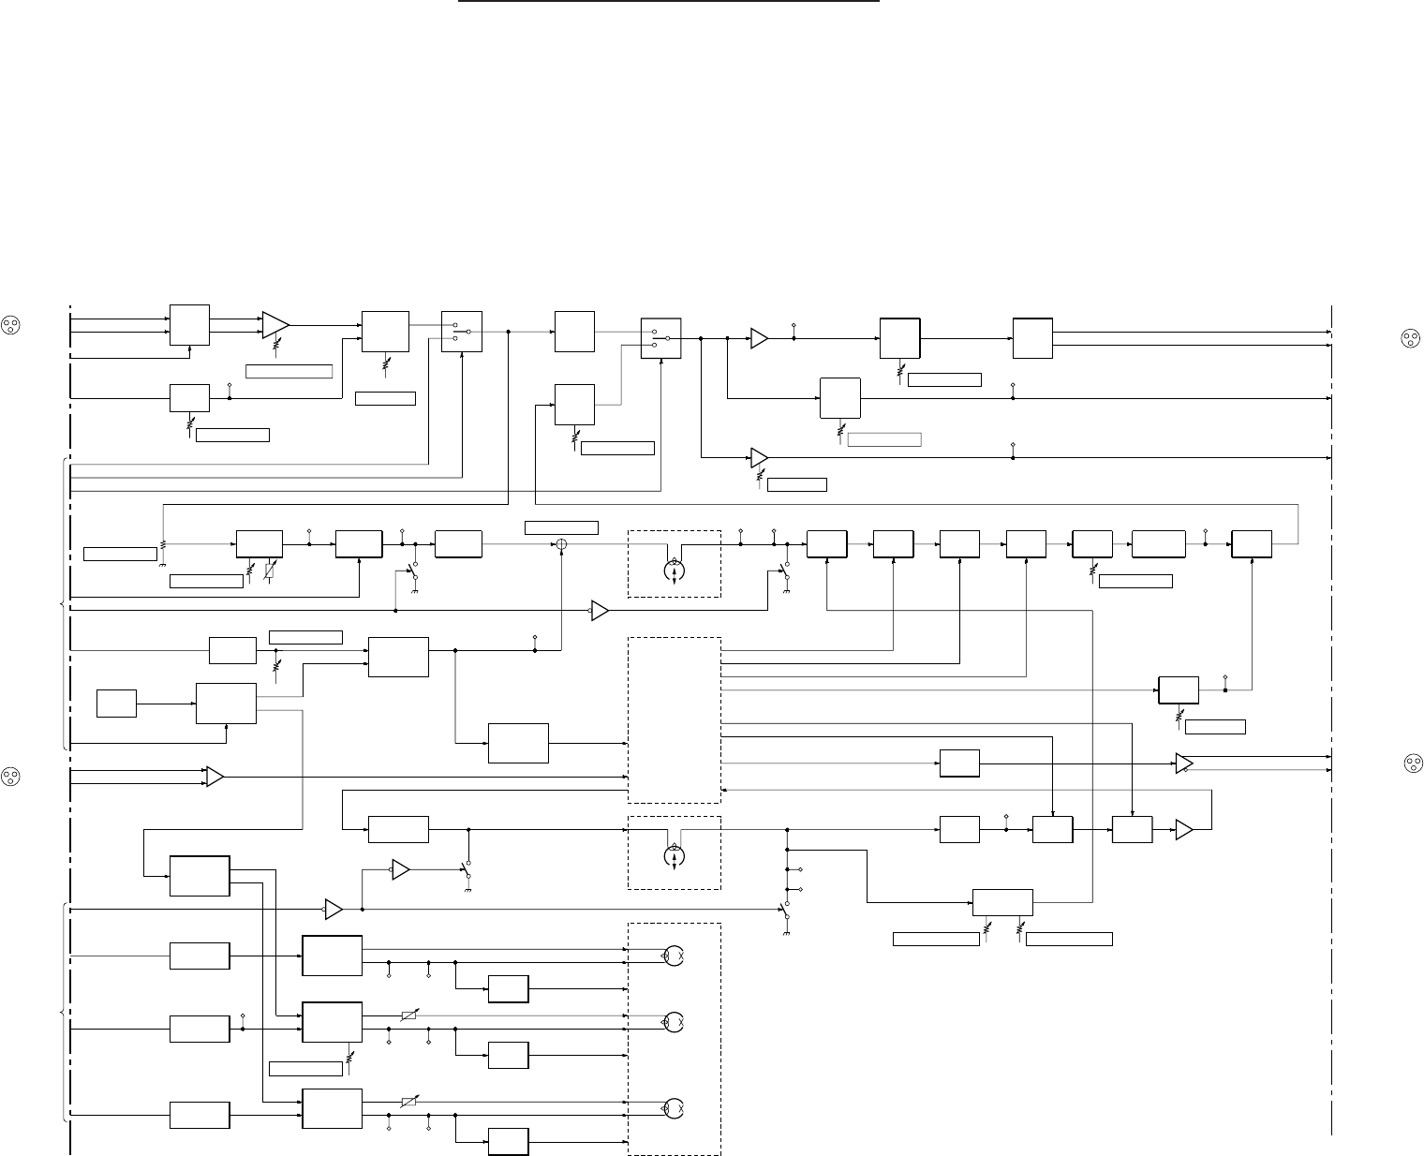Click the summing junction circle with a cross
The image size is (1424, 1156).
[x=561, y=543]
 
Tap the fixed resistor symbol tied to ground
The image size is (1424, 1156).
[x=163, y=543]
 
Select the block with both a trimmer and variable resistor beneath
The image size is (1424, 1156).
[x=260, y=543]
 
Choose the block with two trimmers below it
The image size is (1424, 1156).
[x=1002, y=902]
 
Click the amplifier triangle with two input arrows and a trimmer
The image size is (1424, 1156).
[x=275, y=324]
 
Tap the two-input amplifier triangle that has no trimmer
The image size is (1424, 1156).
[x=215, y=777]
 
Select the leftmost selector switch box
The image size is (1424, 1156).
[x=462, y=332]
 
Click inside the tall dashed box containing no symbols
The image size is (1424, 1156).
[x=674, y=719]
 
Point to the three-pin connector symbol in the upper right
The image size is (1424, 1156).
[x=1408, y=338]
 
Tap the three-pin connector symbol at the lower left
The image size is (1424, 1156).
[x=10, y=777]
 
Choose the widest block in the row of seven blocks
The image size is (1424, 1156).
[x=1158, y=543]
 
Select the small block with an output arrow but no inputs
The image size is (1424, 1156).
[x=117, y=703]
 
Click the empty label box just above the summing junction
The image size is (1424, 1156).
[x=561, y=526]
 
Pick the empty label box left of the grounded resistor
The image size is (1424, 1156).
[x=120, y=553]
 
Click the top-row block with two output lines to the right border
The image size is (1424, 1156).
[x=1032, y=338]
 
